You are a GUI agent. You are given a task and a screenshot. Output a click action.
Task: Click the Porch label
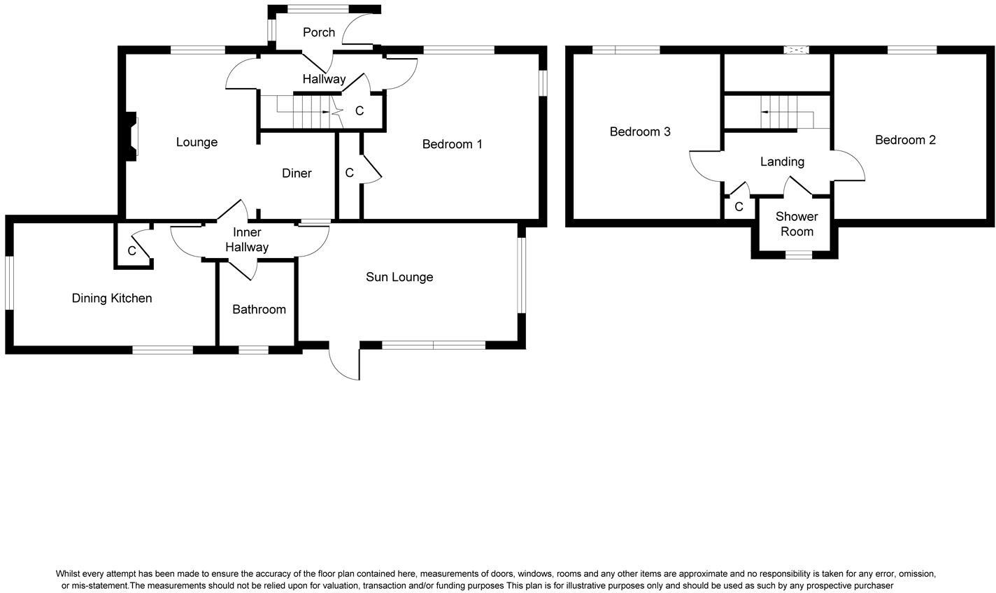[x=318, y=32]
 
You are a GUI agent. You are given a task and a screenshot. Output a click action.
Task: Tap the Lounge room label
[x=197, y=143]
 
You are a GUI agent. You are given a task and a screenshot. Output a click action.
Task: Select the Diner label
[x=297, y=173]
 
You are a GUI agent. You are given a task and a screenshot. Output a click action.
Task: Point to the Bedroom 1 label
[x=452, y=144]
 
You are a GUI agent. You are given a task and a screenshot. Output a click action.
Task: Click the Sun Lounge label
[x=399, y=277]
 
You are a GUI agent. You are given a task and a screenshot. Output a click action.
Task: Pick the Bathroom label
[x=259, y=309]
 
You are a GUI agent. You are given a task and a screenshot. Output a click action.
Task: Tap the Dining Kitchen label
[x=112, y=299]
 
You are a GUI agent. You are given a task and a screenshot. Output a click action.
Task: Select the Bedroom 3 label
[x=640, y=131]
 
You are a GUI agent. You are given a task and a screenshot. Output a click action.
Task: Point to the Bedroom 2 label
[x=905, y=140]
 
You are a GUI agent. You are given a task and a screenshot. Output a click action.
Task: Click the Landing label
[x=782, y=162]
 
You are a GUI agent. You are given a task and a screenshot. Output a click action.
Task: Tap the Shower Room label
[x=797, y=224]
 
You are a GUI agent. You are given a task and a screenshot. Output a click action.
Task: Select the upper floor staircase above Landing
[x=778, y=112]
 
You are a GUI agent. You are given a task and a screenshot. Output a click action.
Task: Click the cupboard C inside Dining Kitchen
[x=131, y=251]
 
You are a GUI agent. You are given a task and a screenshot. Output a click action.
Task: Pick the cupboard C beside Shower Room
[x=739, y=207]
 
